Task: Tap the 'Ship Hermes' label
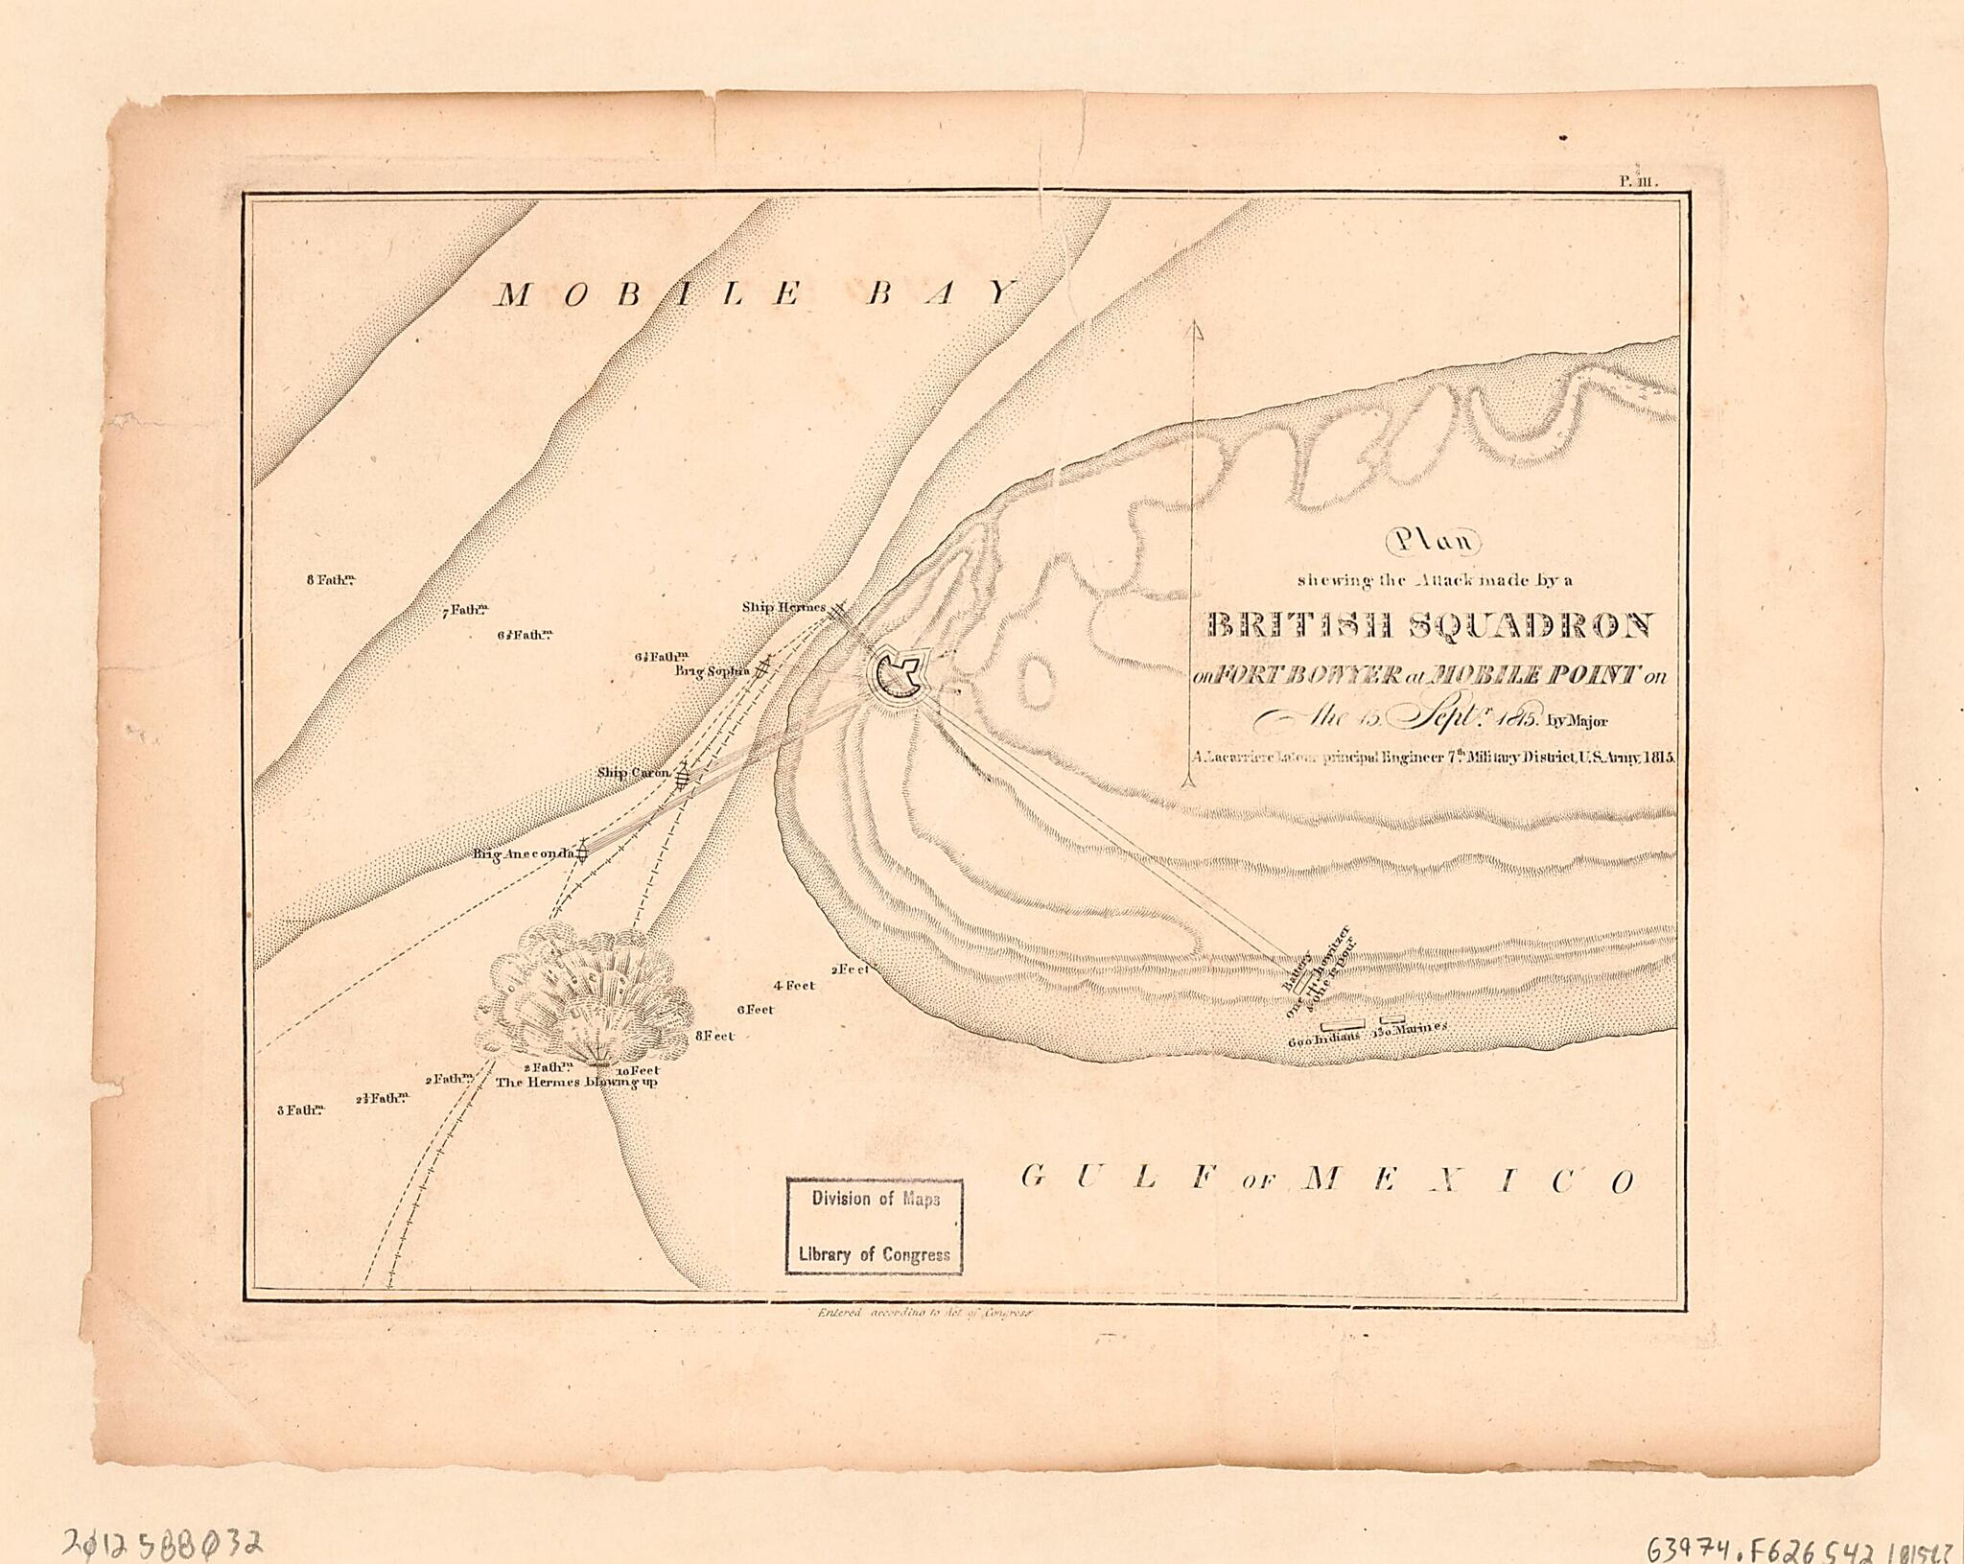[783, 608]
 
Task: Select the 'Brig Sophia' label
[711, 671]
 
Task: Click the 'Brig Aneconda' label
[522, 853]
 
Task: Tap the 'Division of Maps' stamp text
[875, 1199]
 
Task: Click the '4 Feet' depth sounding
[793, 985]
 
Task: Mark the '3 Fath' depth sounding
[300, 1110]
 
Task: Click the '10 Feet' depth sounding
[638, 1070]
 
